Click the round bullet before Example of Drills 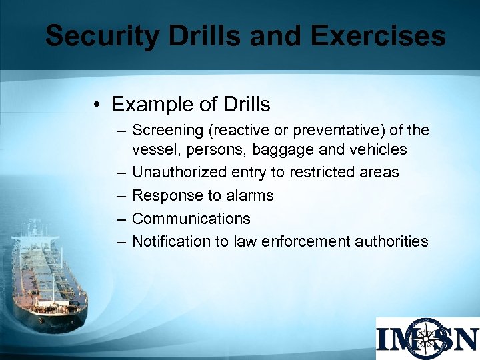[97, 105]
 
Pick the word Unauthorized [179, 173]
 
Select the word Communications [191, 219]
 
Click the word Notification [171, 241]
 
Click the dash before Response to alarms [121, 195]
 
